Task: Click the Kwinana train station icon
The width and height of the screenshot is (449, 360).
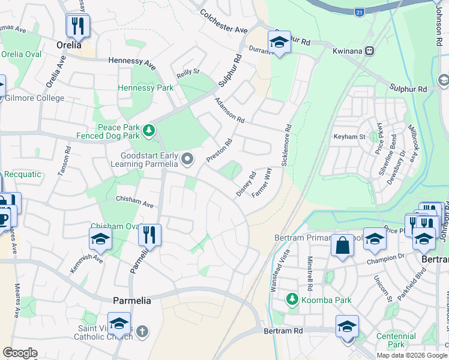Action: (x=370, y=51)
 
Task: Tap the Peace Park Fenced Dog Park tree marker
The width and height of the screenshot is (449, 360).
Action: (x=149, y=129)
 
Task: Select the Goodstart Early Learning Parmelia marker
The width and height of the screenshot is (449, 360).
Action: (x=188, y=159)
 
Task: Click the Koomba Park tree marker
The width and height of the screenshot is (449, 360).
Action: (x=292, y=298)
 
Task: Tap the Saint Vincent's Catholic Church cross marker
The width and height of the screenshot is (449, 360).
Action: (x=142, y=331)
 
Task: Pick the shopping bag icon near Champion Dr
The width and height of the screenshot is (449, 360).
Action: (x=342, y=246)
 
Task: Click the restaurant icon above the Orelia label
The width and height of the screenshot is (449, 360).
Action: (x=77, y=25)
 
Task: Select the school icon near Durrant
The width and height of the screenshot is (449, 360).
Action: (x=279, y=42)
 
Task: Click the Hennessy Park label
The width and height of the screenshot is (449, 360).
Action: (x=146, y=88)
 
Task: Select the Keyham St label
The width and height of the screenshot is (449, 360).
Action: (x=349, y=137)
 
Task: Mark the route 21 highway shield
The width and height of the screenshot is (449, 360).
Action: (x=360, y=12)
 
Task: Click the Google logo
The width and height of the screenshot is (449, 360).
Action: (x=20, y=353)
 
